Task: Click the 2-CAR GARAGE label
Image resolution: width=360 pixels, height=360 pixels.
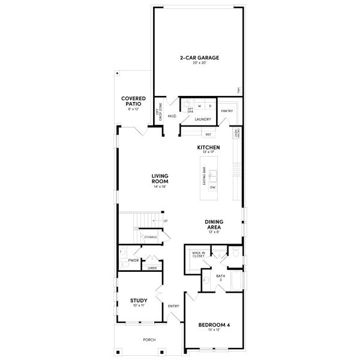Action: coord(199,58)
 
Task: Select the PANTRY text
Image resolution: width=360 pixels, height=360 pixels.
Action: coord(227,111)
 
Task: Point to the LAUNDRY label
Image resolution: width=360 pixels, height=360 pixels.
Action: coord(202,119)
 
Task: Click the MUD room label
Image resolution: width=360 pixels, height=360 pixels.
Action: coord(172,116)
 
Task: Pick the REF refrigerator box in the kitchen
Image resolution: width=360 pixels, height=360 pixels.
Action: coord(209,134)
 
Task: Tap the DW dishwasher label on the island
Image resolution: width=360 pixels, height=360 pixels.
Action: coord(212,187)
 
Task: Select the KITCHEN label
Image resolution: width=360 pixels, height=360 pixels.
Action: coord(208,148)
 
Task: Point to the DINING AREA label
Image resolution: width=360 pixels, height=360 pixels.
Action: coord(214,224)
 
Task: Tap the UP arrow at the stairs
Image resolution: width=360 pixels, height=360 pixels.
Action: coord(165,221)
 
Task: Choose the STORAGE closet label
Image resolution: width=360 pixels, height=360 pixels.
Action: coord(150,237)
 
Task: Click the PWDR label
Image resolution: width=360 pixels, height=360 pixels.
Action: coord(133,260)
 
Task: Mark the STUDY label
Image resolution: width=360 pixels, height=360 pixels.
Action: coord(139,301)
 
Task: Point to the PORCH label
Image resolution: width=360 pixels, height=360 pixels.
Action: coord(149,340)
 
